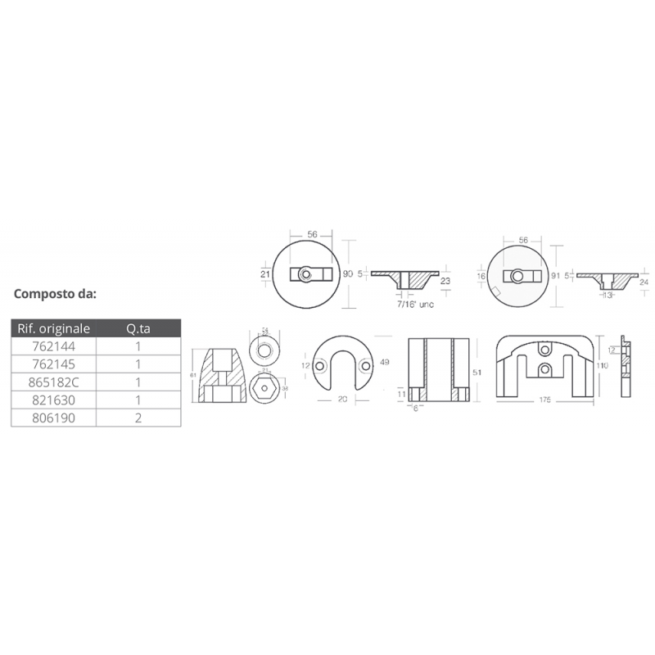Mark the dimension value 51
coord(477,371)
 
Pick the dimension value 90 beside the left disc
coord(347,274)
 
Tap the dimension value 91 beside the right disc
coord(556,276)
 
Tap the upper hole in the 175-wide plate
coord(545,350)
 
